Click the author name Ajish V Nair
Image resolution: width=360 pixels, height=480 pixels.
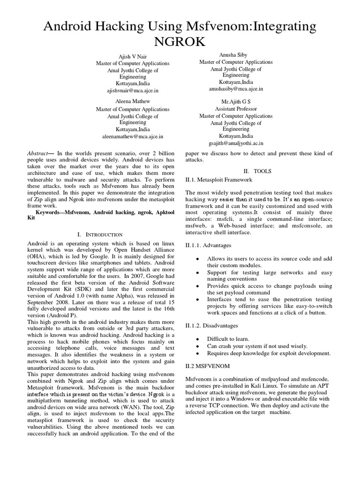133,56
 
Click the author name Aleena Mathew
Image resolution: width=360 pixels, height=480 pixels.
133,101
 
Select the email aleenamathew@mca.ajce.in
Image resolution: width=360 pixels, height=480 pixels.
133,136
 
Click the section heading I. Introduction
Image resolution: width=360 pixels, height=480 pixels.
99,234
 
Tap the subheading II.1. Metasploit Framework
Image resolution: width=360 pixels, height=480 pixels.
219,180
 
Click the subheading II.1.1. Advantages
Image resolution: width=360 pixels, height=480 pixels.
208,245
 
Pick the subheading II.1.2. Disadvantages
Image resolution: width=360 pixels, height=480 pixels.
212,325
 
